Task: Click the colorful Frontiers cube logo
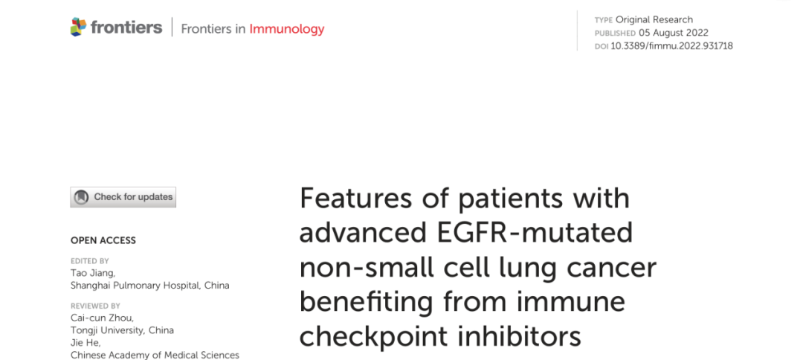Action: coord(78,27)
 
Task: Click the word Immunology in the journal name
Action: coord(287,29)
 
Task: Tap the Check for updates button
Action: coord(123,197)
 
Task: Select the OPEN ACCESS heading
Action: coord(103,241)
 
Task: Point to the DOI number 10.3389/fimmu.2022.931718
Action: coord(671,46)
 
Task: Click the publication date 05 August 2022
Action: coord(674,33)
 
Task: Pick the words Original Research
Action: coord(654,19)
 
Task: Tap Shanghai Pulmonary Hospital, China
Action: coord(150,286)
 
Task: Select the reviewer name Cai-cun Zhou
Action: coord(103,318)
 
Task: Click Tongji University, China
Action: coord(123,330)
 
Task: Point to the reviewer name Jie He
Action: coord(86,343)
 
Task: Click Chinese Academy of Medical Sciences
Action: coord(155,355)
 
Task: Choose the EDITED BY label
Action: coord(90,261)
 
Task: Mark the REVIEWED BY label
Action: coord(95,306)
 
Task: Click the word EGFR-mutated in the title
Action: coord(535,232)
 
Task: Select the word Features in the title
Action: coord(355,198)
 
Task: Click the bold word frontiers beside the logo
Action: coord(126,27)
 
